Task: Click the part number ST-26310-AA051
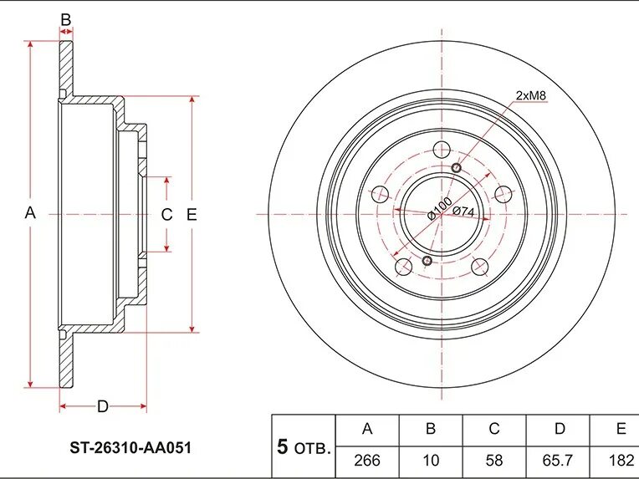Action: tap(130, 448)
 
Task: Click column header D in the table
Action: tap(559, 430)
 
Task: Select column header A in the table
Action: tap(366, 430)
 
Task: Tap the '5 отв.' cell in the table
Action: tap(304, 446)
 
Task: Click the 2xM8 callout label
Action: tap(530, 95)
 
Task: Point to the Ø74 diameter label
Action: tap(463, 211)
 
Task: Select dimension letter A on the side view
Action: tap(30, 213)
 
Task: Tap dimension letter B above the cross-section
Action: tap(66, 19)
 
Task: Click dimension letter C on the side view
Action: tap(166, 215)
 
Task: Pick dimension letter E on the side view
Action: tap(192, 215)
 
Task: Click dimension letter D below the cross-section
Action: tap(102, 407)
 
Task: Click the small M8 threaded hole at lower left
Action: tap(427, 262)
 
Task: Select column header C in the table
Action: tap(494, 430)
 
